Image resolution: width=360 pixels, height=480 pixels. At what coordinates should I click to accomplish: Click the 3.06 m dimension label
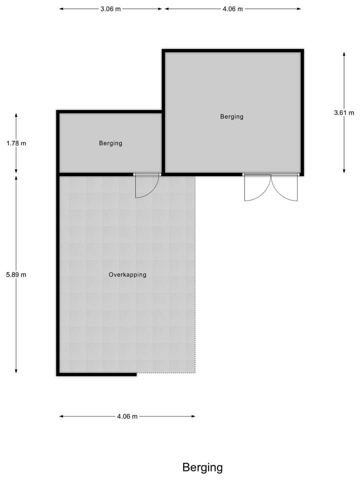pyautogui.click(x=110, y=9)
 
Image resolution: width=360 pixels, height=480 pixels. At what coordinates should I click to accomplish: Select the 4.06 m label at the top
pyautogui.click(x=232, y=9)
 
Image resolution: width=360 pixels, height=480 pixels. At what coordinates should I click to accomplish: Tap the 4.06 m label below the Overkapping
pyautogui.click(x=127, y=416)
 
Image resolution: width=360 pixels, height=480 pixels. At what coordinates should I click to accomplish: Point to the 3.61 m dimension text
pyautogui.click(x=344, y=113)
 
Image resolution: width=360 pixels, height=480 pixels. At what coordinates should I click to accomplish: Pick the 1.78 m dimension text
pyautogui.click(x=16, y=143)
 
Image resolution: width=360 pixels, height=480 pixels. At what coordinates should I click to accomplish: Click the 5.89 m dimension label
pyautogui.click(x=16, y=274)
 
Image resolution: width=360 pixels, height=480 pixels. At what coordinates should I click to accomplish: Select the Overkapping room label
pyautogui.click(x=127, y=274)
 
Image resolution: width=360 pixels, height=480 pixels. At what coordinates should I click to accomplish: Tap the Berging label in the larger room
pyautogui.click(x=231, y=116)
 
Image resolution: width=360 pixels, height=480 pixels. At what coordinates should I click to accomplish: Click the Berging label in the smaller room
pyautogui.click(x=110, y=143)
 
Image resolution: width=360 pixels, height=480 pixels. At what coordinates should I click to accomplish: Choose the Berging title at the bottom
pyautogui.click(x=202, y=467)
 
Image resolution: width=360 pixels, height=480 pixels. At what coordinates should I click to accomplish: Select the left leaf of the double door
pyautogui.click(x=256, y=189)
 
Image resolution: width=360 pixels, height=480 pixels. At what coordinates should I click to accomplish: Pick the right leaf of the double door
pyautogui.click(x=285, y=189)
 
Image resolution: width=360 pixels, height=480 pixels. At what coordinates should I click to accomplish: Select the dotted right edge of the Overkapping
pyautogui.click(x=195, y=275)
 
